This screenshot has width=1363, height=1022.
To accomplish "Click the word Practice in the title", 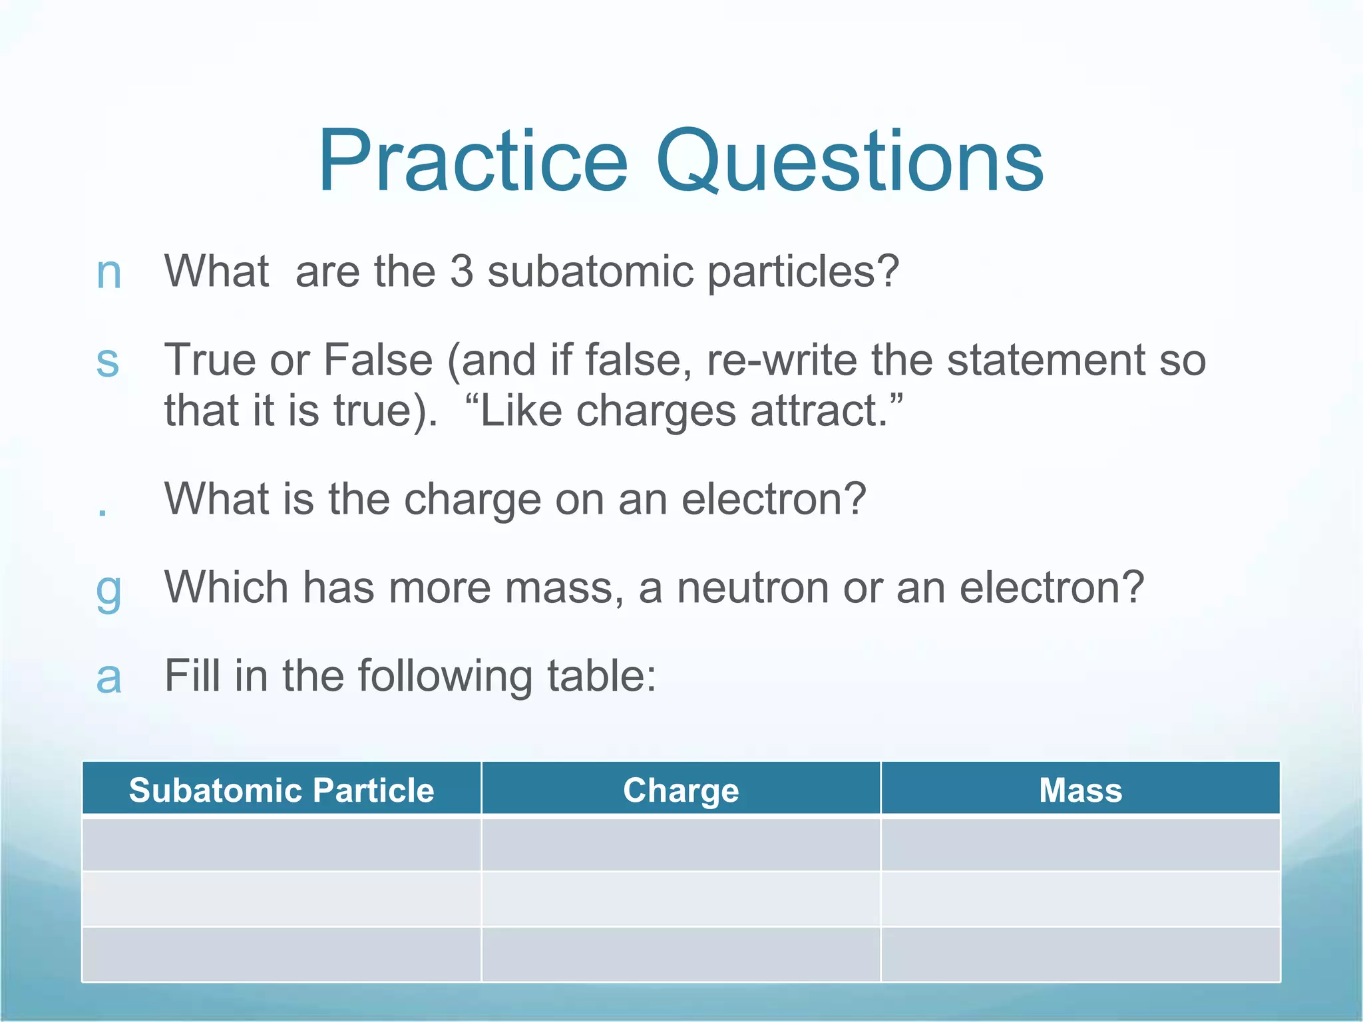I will point(473,161).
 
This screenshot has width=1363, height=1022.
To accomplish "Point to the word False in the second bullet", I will point(377,360).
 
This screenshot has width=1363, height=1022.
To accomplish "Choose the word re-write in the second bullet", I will point(781,360).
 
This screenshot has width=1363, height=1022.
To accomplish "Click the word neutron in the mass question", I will point(753,588).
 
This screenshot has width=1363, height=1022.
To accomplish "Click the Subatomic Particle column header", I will point(282,790).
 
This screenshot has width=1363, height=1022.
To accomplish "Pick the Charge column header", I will point(681,790).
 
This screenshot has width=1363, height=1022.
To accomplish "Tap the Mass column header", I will point(1080,790).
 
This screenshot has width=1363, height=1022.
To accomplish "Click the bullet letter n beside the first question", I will point(108,273).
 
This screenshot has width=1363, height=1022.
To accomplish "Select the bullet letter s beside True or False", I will point(107,361).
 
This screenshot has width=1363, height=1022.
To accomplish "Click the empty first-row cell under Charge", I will point(681,844).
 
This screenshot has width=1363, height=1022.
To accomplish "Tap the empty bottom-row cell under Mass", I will point(1080,954).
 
